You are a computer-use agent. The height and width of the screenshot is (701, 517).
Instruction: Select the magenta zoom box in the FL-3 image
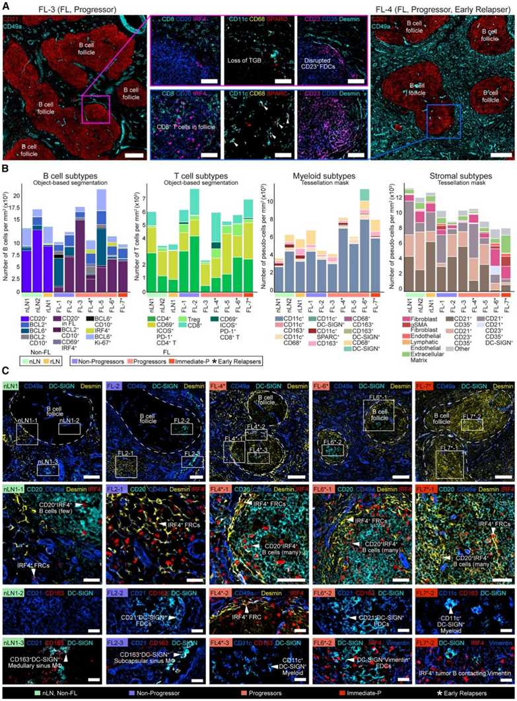click(x=96, y=108)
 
